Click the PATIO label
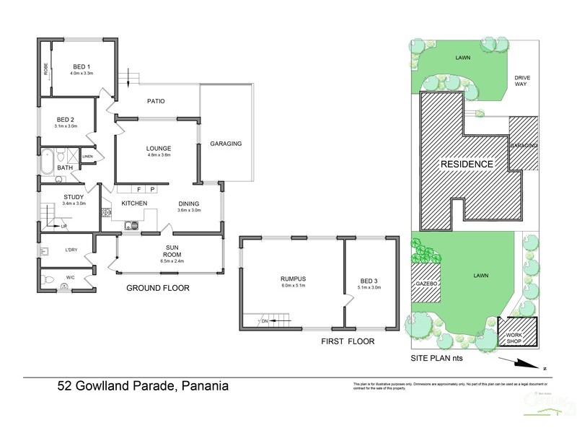[x=156, y=101]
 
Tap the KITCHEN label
[x=134, y=204]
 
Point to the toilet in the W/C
[x=64, y=287]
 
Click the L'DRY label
[x=71, y=250]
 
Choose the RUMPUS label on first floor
[x=294, y=279]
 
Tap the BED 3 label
[x=369, y=281]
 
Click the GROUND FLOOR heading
[x=157, y=288]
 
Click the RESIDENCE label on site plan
[x=467, y=165]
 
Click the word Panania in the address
[x=203, y=386]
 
